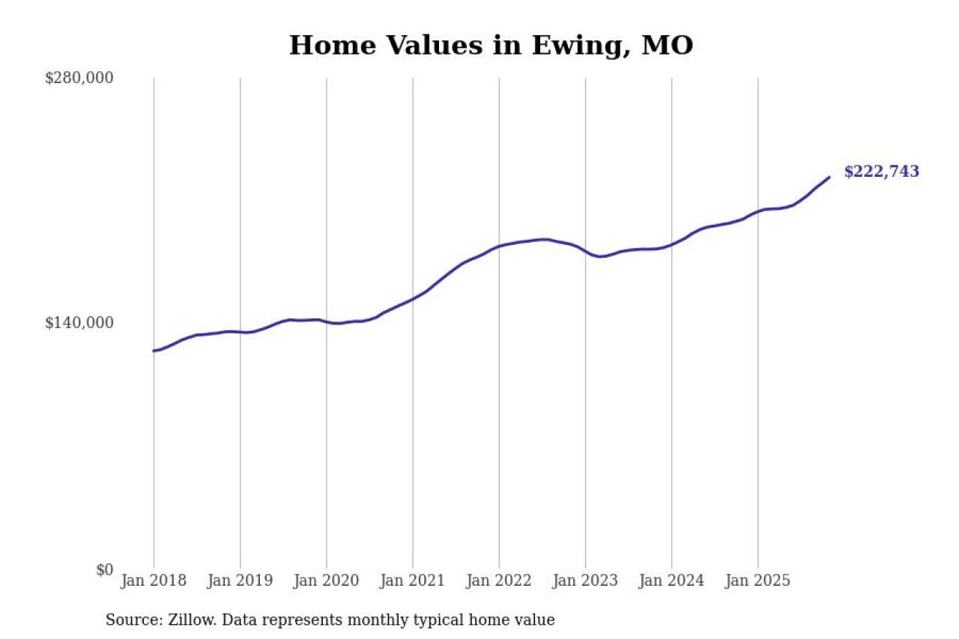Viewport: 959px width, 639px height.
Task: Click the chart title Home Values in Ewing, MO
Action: pos(491,46)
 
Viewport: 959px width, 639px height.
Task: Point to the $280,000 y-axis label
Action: pos(79,78)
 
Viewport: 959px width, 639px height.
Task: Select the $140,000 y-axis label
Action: pos(79,323)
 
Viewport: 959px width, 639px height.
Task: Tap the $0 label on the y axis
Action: pos(104,570)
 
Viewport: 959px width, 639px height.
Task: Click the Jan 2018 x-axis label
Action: pos(154,581)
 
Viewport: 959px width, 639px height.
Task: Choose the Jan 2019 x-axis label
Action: pos(240,581)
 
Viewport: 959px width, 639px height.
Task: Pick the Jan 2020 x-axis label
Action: pos(326,581)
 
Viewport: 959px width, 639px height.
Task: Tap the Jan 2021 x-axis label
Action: pos(412,581)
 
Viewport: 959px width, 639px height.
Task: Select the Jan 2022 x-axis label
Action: pos(499,581)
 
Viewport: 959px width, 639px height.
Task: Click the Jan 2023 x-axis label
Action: pos(585,581)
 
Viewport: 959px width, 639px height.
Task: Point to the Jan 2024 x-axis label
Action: pos(671,581)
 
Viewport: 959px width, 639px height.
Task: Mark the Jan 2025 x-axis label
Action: pos(757,581)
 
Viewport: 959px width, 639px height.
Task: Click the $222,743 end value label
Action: pos(881,172)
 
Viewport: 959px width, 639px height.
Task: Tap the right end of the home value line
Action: pos(829,178)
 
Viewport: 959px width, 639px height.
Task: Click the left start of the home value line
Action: pos(154,351)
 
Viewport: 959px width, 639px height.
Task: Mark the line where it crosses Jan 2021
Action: pos(412,299)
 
